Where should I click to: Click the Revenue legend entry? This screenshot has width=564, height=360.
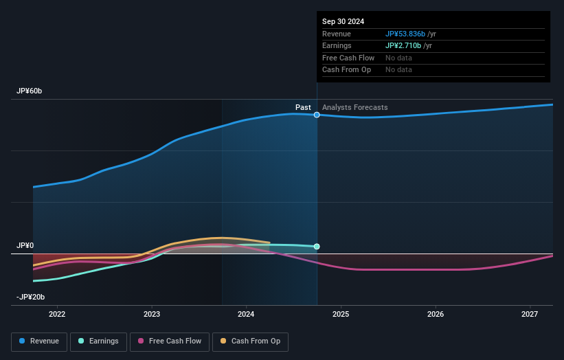(39, 341)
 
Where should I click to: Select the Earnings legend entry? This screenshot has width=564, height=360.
(98, 341)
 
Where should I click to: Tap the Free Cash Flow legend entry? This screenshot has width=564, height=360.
(169, 341)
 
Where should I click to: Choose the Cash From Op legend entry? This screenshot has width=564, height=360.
(250, 341)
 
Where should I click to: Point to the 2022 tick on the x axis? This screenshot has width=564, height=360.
(57, 314)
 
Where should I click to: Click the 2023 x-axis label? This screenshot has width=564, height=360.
(152, 314)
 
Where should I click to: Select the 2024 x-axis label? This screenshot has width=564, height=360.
(246, 314)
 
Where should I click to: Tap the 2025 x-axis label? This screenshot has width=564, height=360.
(341, 314)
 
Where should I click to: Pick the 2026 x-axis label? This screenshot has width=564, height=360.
(435, 314)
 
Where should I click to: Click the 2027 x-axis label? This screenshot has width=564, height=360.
(530, 314)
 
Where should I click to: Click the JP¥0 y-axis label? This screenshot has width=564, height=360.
(25, 245)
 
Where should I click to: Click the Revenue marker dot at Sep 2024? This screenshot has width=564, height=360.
(317, 115)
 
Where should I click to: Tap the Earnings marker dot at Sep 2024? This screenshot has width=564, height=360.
(317, 246)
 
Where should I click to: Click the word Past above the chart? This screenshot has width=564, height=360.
(303, 107)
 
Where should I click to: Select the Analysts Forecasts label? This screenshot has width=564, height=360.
(354, 107)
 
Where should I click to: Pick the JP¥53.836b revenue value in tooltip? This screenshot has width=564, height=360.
(405, 34)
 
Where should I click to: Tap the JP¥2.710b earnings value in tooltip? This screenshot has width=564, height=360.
(403, 45)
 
